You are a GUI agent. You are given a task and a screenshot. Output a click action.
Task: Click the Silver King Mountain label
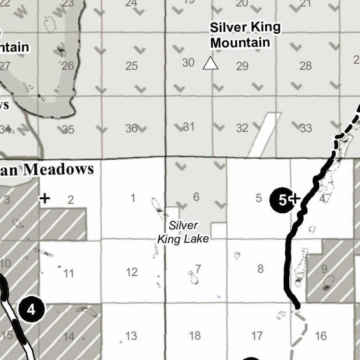(x=245, y=35)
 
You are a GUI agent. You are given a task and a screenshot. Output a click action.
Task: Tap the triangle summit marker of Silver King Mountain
(x=210, y=63)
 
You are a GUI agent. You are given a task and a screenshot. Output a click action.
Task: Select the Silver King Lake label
(x=183, y=232)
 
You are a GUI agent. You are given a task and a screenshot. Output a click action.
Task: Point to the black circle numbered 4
(x=31, y=309)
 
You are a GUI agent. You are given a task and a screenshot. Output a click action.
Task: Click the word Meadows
(x=59, y=169)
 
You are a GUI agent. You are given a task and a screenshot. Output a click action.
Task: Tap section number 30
(x=188, y=62)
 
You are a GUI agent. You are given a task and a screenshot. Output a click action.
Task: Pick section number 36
(x=131, y=128)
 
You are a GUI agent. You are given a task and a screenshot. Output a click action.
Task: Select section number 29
(x=242, y=66)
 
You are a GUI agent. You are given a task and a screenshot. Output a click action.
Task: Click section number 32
(x=242, y=128)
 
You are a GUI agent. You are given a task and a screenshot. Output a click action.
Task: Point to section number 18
(x=195, y=335)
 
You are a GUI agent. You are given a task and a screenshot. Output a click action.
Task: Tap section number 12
(x=132, y=272)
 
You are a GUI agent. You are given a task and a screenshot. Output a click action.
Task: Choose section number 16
(x=321, y=336)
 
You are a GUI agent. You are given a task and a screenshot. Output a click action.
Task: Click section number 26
(x=67, y=66)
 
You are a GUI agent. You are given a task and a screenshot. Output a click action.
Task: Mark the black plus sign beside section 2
(x=45, y=199)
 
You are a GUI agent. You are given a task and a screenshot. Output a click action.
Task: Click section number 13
(x=131, y=336)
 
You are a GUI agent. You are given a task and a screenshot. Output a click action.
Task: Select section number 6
(x=196, y=197)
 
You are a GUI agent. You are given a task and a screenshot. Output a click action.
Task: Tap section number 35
(x=68, y=129)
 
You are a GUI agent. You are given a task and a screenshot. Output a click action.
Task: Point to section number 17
(x=257, y=336)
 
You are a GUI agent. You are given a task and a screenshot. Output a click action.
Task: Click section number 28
(x=305, y=66)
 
